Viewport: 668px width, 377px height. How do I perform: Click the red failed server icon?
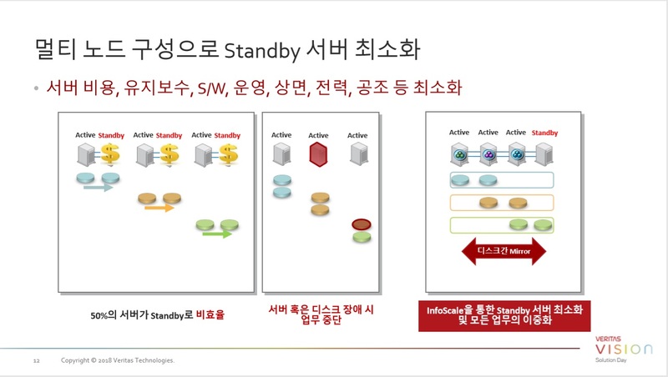click(x=318, y=154)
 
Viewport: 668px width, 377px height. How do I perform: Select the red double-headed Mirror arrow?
click(x=504, y=251)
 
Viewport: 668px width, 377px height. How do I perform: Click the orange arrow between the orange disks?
click(x=159, y=208)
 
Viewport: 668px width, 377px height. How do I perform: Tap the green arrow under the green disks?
click(x=217, y=234)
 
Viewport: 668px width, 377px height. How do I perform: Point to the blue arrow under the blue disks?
click(x=99, y=187)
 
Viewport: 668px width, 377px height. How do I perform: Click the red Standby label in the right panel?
click(x=544, y=133)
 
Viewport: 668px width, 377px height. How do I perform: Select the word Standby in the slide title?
click(x=262, y=51)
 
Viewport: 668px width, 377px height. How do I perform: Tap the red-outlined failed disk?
click(x=362, y=224)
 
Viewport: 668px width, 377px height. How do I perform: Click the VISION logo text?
click(x=624, y=349)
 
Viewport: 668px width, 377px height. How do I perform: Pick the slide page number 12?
click(x=37, y=361)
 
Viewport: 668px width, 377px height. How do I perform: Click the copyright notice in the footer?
click(x=118, y=360)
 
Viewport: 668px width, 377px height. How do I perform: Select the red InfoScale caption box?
click(x=504, y=316)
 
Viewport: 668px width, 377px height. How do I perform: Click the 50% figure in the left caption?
click(x=98, y=316)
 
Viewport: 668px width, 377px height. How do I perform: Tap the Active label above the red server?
click(x=318, y=135)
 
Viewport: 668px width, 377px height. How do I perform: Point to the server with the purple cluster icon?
click(x=488, y=154)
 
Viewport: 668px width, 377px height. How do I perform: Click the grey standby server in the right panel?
click(x=544, y=154)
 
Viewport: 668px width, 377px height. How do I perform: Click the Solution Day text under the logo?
click(x=611, y=360)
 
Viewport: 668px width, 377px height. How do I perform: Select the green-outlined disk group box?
click(x=502, y=225)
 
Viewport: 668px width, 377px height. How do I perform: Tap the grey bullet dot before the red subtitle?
click(x=36, y=88)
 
